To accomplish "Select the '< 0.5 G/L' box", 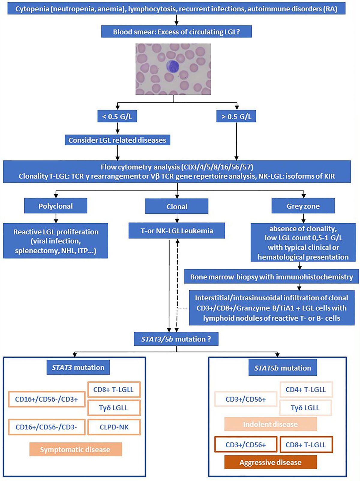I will coord(117,116).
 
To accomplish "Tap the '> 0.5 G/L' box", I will coord(236,116).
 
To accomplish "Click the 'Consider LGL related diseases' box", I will coord(117,140).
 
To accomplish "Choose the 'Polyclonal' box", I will coord(55,206).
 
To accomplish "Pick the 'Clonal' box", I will coord(177,207).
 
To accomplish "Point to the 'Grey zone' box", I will coord(303,206).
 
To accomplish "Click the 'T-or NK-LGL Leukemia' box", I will coord(177,231).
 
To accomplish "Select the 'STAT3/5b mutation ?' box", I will coord(176,339).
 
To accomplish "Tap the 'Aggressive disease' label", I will coord(270,462).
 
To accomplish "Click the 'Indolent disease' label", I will coord(270,424).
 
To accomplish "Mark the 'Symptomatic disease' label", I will coord(75,449).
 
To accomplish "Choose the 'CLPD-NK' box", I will coord(114,427).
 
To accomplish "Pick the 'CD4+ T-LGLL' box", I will coord(306,389).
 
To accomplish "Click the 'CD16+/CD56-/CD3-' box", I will coord(46,427).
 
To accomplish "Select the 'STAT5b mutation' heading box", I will coord(283,368).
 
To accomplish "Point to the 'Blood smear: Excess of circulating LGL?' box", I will coord(176,32).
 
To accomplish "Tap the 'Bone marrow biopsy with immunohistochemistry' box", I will coord(271,277).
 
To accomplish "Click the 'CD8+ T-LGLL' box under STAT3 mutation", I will coord(113,389).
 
